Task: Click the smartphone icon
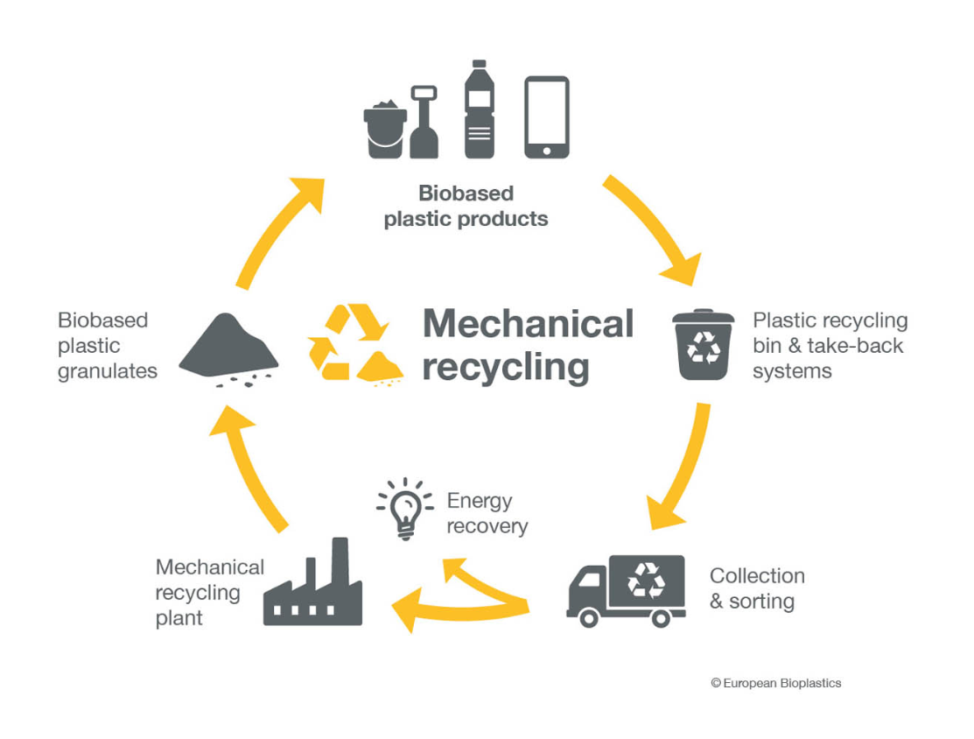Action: (x=547, y=117)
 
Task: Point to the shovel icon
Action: (x=424, y=123)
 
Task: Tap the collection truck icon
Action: (x=627, y=589)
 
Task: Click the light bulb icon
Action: (x=405, y=508)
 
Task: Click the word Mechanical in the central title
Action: (x=528, y=324)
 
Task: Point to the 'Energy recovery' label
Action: (x=487, y=513)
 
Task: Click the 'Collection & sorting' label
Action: (x=756, y=588)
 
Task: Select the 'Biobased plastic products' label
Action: (x=466, y=206)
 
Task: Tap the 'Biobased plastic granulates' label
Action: (x=107, y=345)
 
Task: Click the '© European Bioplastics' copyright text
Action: (x=775, y=683)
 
